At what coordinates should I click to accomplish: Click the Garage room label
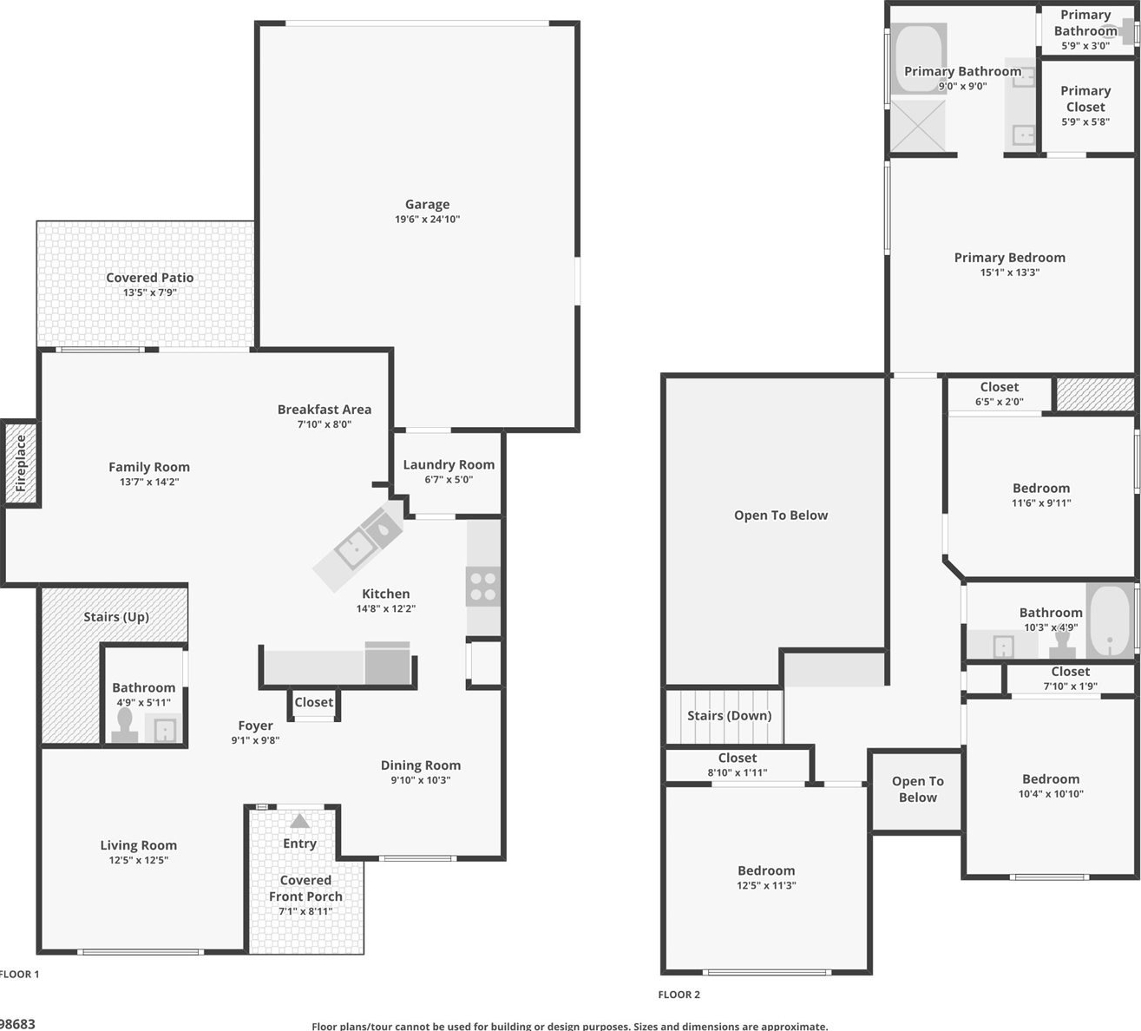pos(427,204)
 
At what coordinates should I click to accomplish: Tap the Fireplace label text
pos(21,463)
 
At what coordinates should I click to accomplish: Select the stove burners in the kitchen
pos(483,587)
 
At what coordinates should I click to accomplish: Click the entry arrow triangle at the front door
pos(299,821)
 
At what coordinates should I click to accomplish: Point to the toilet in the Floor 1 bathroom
pos(125,725)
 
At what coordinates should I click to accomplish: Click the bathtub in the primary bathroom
pos(917,59)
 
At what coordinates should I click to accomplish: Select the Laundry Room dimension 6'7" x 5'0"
pos(449,480)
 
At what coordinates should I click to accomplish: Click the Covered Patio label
pos(149,278)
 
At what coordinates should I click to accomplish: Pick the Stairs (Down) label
pos(729,716)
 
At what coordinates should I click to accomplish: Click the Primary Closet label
pos(1085,99)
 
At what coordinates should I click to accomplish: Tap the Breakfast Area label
pos(325,410)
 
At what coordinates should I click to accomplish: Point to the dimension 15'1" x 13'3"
pos(1010,273)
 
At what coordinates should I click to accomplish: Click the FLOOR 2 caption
pos(679,995)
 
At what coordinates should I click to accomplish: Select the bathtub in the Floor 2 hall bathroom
pos(1110,621)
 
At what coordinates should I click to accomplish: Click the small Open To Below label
pos(917,789)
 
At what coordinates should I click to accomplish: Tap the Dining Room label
pos(420,765)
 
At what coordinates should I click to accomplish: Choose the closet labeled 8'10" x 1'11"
pos(738,765)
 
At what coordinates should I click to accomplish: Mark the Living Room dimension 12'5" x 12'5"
pos(138,860)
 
